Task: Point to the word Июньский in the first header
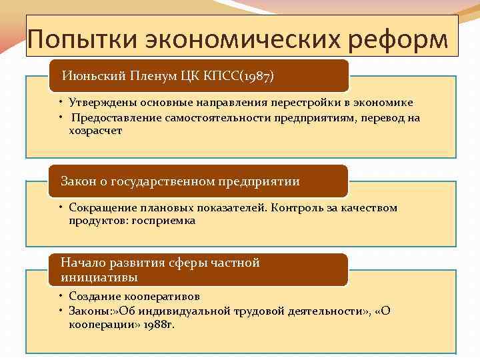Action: pyautogui.click(x=88, y=75)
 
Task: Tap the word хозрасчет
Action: pyautogui.click(x=95, y=131)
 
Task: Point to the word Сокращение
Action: pyautogui.click(x=100, y=208)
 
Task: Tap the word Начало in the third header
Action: pyautogui.click(x=81, y=263)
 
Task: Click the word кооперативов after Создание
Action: pyautogui.click(x=161, y=297)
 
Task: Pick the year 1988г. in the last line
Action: pyautogui.click(x=156, y=324)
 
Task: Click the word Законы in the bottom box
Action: pyautogui.click(x=88, y=311)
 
